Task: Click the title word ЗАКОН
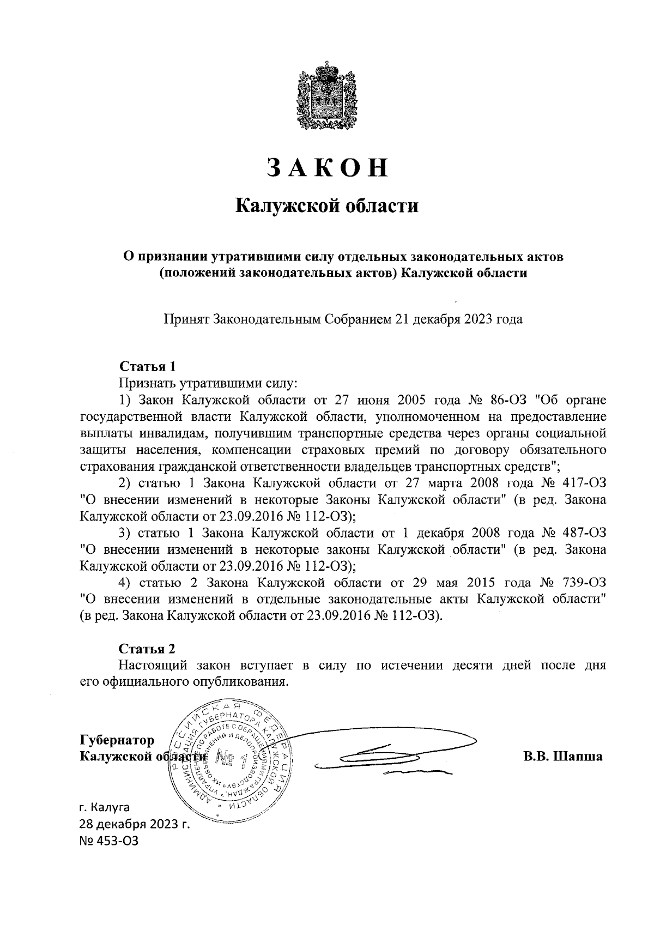(x=327, y=167)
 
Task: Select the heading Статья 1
(x=148, y=366)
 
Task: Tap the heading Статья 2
(x=148, y=649)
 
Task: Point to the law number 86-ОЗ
(x=508, y=401)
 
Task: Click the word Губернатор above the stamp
(x=117, y=740)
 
